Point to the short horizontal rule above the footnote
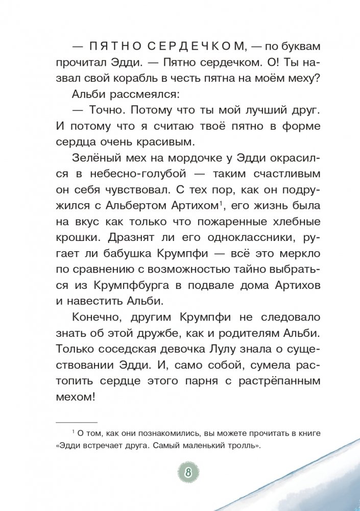pos(76,422)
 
